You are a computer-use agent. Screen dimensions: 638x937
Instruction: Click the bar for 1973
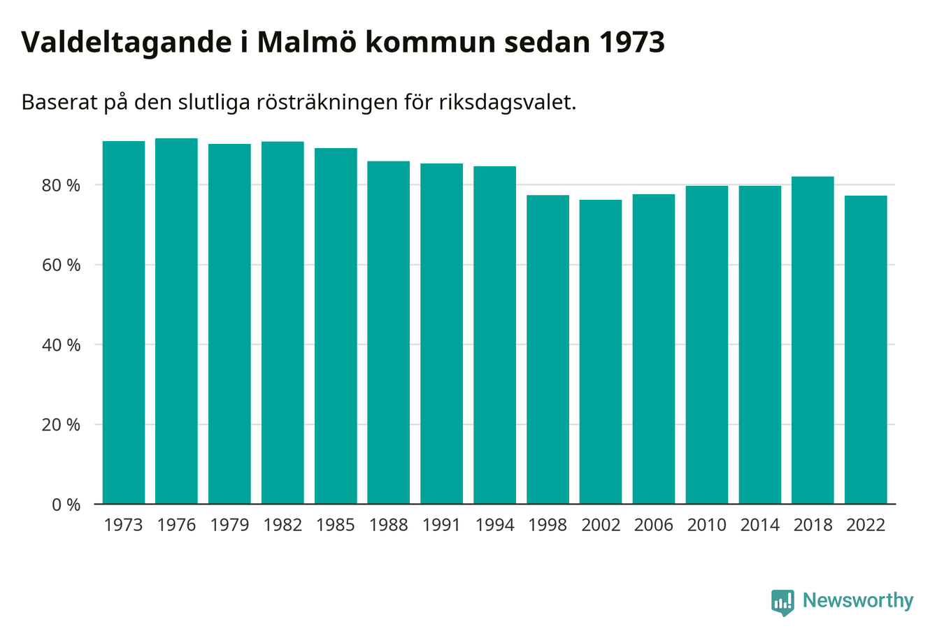tap(124, 322)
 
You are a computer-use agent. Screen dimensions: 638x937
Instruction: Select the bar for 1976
tap(176, 321)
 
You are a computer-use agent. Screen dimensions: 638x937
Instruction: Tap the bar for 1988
tap(389, 332)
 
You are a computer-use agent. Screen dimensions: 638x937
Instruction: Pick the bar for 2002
tap(601, 351)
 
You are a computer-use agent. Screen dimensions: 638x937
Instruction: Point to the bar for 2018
tap(813, 340)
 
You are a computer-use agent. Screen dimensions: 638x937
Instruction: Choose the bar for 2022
tap(866, 349)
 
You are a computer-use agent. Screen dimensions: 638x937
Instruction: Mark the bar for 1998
tap(548, 349)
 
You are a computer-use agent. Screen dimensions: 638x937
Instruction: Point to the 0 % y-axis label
tap(66, 505)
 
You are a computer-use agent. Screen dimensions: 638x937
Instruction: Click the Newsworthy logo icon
tap(782, 602)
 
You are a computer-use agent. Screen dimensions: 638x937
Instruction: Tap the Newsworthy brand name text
tap(858, 601)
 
